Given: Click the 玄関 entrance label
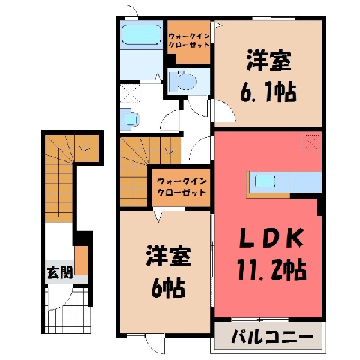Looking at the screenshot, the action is (60, 272).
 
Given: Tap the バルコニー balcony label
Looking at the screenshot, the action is (272, 337).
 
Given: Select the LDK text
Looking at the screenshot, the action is (271, 238).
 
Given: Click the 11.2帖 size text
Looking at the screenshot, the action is (271, 269).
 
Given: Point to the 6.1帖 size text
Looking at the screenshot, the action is (268, 91).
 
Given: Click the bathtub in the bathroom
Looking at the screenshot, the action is (141, 34).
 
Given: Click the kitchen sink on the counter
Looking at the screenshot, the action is (265, 181).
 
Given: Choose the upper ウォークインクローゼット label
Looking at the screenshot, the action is (188, 41).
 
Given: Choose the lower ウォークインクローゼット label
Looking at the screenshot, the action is (181, 187).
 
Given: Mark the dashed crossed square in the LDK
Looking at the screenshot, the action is (311, 142).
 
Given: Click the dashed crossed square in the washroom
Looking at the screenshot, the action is (130, 93).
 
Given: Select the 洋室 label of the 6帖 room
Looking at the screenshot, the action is (169, 256).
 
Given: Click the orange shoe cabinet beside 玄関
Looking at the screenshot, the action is (82, 260).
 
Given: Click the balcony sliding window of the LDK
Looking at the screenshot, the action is (260, 319).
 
